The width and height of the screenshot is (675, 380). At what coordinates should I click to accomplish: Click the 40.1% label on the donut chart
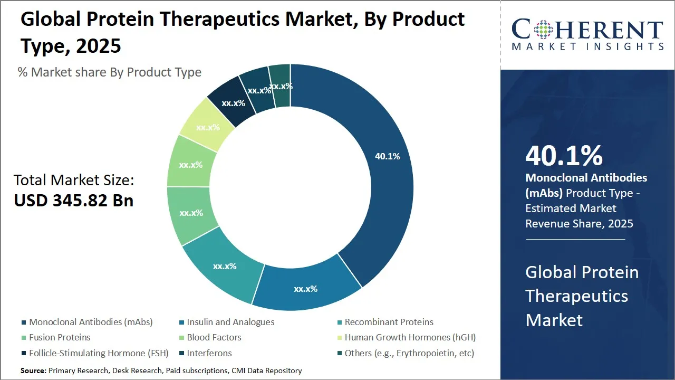pos(387,156)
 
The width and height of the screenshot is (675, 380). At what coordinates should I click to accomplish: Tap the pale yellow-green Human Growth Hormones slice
pos(207,125)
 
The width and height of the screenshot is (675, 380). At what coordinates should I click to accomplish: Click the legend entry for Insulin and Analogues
pos(227,322)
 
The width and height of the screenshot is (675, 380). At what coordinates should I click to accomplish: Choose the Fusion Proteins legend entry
pos(56,337)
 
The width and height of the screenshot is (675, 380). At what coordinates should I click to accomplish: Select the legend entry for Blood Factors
pos(210,337)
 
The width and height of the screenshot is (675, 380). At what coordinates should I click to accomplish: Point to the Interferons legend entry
pos(206,353)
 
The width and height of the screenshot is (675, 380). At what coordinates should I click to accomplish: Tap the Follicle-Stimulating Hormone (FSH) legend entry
pos(95,353)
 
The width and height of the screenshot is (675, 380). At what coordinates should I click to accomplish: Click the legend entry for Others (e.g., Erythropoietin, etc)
pos(406,353)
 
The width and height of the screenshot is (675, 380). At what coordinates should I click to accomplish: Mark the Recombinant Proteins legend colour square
pos(340,322)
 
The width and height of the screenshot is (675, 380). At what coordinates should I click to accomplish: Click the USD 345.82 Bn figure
pos(73,201)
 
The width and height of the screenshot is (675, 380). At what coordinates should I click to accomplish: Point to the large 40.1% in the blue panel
pos(564,156)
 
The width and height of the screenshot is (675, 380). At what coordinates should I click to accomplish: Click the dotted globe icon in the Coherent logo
pos(543,30)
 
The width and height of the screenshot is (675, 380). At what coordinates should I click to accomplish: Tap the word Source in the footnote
pos(33,370)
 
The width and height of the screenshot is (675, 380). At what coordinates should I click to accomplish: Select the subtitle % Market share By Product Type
pos(109,72)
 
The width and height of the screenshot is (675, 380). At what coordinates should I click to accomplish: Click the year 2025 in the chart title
pos(99,46)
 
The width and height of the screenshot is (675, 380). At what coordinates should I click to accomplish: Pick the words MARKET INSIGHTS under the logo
pos(587,46)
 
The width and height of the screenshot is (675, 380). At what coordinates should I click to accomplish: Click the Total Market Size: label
pos(74,180)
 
